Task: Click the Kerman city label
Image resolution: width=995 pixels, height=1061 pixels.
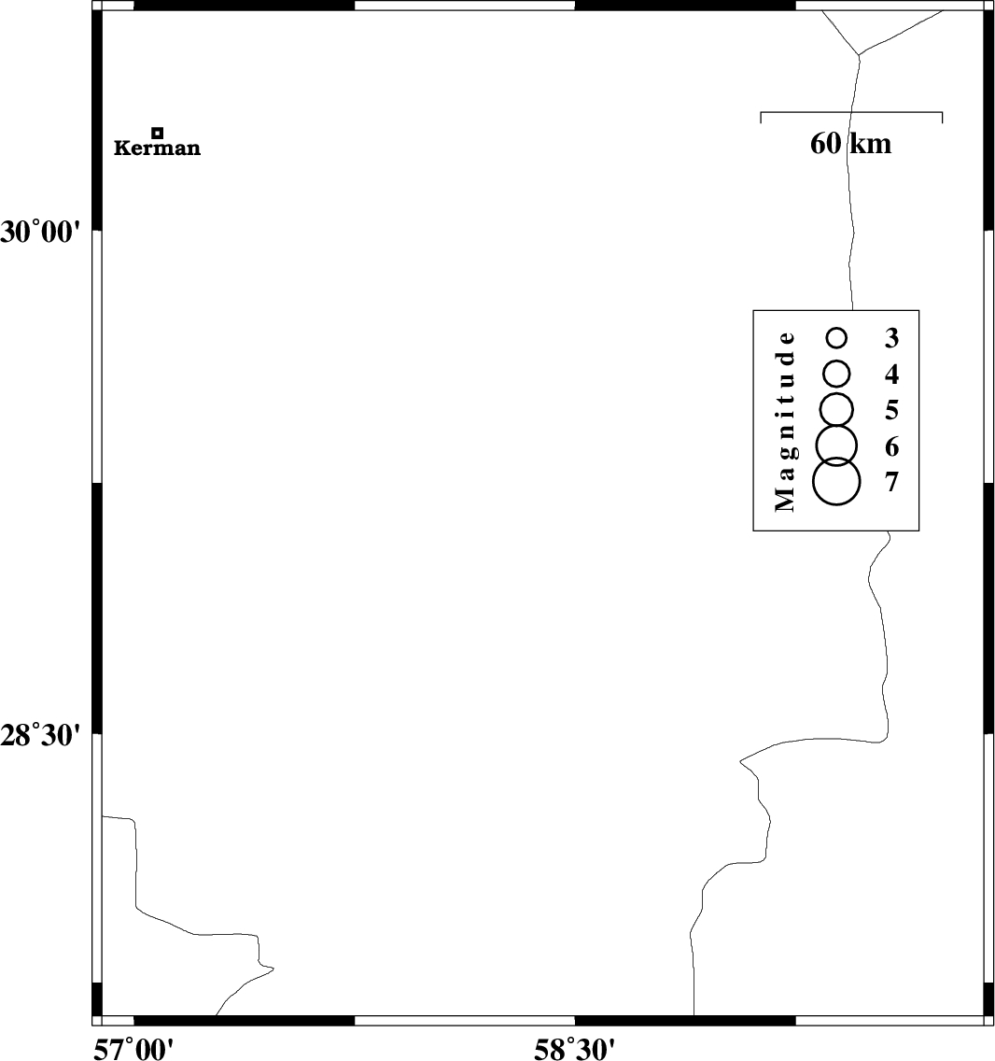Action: pyautogui.click(x=157, y=149)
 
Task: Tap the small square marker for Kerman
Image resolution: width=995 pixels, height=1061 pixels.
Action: pyautogui.click(x=158, y=133)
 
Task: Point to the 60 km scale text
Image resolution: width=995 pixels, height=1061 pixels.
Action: pyautogui.click(x=851, y=144)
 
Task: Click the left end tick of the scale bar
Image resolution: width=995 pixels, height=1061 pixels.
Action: pyautogui.click(x=761, y=117)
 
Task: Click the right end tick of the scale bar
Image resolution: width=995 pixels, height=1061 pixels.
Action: pyautogui.click(x=942, y=117)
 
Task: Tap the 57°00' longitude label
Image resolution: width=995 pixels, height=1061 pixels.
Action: pyautogui.click(x=133, y=1049)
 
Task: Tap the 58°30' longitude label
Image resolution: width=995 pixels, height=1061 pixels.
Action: pyautogui.click(x=575, y=1049)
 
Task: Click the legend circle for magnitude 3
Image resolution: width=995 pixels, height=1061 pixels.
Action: pyautogui.click(x=837, y=329)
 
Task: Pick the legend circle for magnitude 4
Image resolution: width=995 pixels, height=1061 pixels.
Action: pyautogui.click(x=837, y=361)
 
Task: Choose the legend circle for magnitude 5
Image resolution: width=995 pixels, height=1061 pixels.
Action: pyautogui.click(x=836, y=393)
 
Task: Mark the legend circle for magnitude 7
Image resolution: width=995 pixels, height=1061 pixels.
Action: pyautogui.click(x=836, y=458)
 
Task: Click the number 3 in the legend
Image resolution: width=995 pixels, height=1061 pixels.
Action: pyautogui.click(x=892, y=338)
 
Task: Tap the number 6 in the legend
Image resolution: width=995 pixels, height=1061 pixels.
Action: pyautogui.click(x=892, y=446)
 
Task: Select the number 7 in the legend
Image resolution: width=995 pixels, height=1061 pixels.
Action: pyautogui.click(x=892, y=482)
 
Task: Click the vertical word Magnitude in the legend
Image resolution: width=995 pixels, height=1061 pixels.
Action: pyautogui.click(x=785, y=421)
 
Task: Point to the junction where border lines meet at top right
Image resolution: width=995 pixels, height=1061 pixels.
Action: pyautogui.click(x=859, y=55)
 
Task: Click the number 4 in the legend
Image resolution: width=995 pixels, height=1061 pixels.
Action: pyautogui.click(x=892, y=375)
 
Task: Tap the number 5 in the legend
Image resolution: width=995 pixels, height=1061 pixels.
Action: pyautogui.click(x=892, y=410)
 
